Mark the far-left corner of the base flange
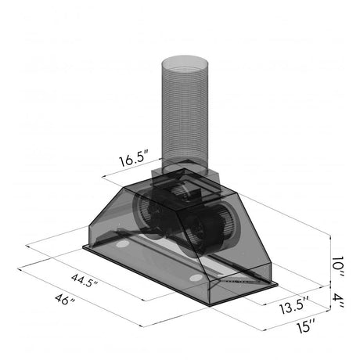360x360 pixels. point(83,249)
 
